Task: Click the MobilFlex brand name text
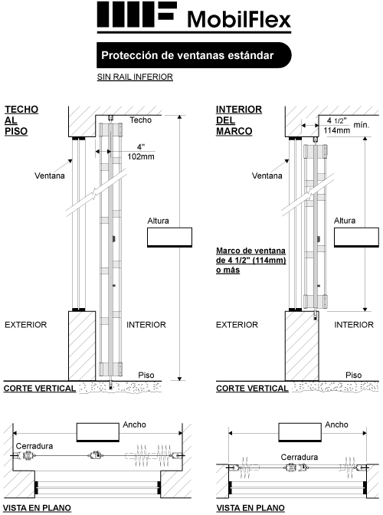pyautogui.click(x=239, y=19)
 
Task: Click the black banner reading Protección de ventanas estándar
pyautogui.click(x=194, y=55)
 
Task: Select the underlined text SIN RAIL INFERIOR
pyautogui.click(x=135, y=77)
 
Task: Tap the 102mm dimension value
pyautogui.click(x=141, y=156)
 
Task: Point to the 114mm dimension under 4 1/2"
pyautogui.click(x=337, y=130)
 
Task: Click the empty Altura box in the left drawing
pyautogui.click(x=169, y=237)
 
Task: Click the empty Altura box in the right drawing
pyautogui.click(x=356, y=237)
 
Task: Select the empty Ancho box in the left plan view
pyautogui.click(x=98, y=432)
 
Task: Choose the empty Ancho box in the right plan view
pyautogui.click(x=300, y=432)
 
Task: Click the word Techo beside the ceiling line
pyautogui.click(x=140, y=120)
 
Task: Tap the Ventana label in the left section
pyautogui.click(x=50, y=175)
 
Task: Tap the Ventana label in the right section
pyautogui.click(x=267, y=175)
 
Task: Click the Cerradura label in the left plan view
pyautogui.click(x=34, y=446)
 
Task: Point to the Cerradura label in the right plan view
pyautogui.click(x=300, y=457)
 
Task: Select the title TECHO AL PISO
pyautogui.click(x=21, y=120)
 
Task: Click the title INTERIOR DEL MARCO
pyautogui.click(x=239, y=120)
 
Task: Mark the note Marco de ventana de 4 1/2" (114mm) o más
pyautogui.click(x=251, y=261)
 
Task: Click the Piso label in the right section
pyautogui.click(x=353, y=375)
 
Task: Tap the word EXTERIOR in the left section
pyautogui.click(x=25, y=325)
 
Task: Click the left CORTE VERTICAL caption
pyautogui.click(x=40, y=389)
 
